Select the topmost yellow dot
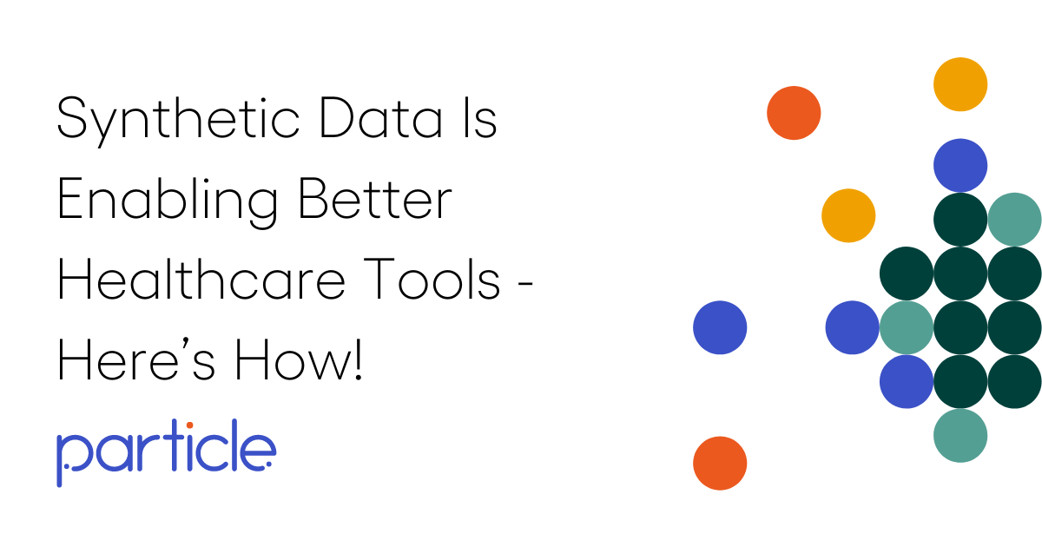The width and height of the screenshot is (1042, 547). coord(960,84)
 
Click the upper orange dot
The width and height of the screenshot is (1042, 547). coord(794,113)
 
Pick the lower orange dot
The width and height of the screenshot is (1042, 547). coord(720,463)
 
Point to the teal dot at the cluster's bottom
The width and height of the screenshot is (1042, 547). coord(960,435)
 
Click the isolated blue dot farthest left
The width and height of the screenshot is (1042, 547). coord(720,327)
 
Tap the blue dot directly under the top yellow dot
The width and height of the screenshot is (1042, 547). coord(960,165)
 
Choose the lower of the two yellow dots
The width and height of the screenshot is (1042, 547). coord(848,215)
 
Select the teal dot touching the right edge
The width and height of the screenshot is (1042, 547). coord(1014,219)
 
